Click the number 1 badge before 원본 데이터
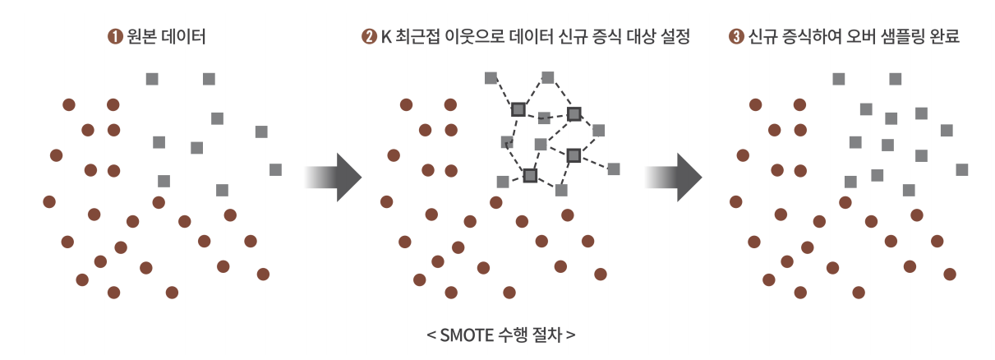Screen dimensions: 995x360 tap(114, 37)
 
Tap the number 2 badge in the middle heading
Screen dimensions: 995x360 tap(369, 37)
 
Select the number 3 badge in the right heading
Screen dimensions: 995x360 tap(735, 37)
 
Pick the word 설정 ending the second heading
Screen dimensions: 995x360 tap(673, 37)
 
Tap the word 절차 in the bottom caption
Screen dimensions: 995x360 tap(548, 335)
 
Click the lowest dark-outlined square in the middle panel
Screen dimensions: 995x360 tap(530, 175)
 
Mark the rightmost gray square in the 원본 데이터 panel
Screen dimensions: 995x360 tap(275, 169)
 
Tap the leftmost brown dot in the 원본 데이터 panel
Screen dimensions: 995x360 tap(49, 201)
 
